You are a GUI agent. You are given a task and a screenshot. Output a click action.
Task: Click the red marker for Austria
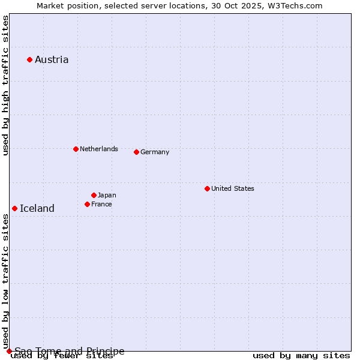tap(29, 59)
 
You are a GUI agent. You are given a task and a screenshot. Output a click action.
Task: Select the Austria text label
tap(52, 59)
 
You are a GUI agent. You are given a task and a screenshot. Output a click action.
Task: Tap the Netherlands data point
tap(76, 149)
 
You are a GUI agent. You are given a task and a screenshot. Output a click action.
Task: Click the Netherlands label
tap(99, 149)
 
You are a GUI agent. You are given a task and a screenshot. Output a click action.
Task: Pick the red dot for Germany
tap(136, 152)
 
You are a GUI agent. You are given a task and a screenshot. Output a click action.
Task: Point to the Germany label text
tap(155, 152)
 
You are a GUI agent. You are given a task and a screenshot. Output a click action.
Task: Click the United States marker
tap(207, 188)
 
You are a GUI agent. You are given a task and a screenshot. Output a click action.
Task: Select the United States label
tap(233, 188)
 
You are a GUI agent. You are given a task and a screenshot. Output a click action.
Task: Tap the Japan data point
tap(94, 195)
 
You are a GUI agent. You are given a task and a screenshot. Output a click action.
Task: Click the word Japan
tap(107, 195)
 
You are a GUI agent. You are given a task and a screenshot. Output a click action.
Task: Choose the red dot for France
tap(87, 204)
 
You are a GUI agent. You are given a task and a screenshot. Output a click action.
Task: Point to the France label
tap(101, 204)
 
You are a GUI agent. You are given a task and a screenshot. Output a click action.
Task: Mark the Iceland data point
tap(14, 208)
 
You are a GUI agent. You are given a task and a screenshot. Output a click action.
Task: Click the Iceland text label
tap(37, 208)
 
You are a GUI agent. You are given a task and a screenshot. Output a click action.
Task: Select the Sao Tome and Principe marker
tap(9, 351)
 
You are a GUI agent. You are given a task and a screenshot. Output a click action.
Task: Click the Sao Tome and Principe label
tap(70, 351)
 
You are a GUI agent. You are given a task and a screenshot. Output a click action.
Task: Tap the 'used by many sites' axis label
tap(301, 355)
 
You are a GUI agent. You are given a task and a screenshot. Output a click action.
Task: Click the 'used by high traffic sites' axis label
tap(5, 86)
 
